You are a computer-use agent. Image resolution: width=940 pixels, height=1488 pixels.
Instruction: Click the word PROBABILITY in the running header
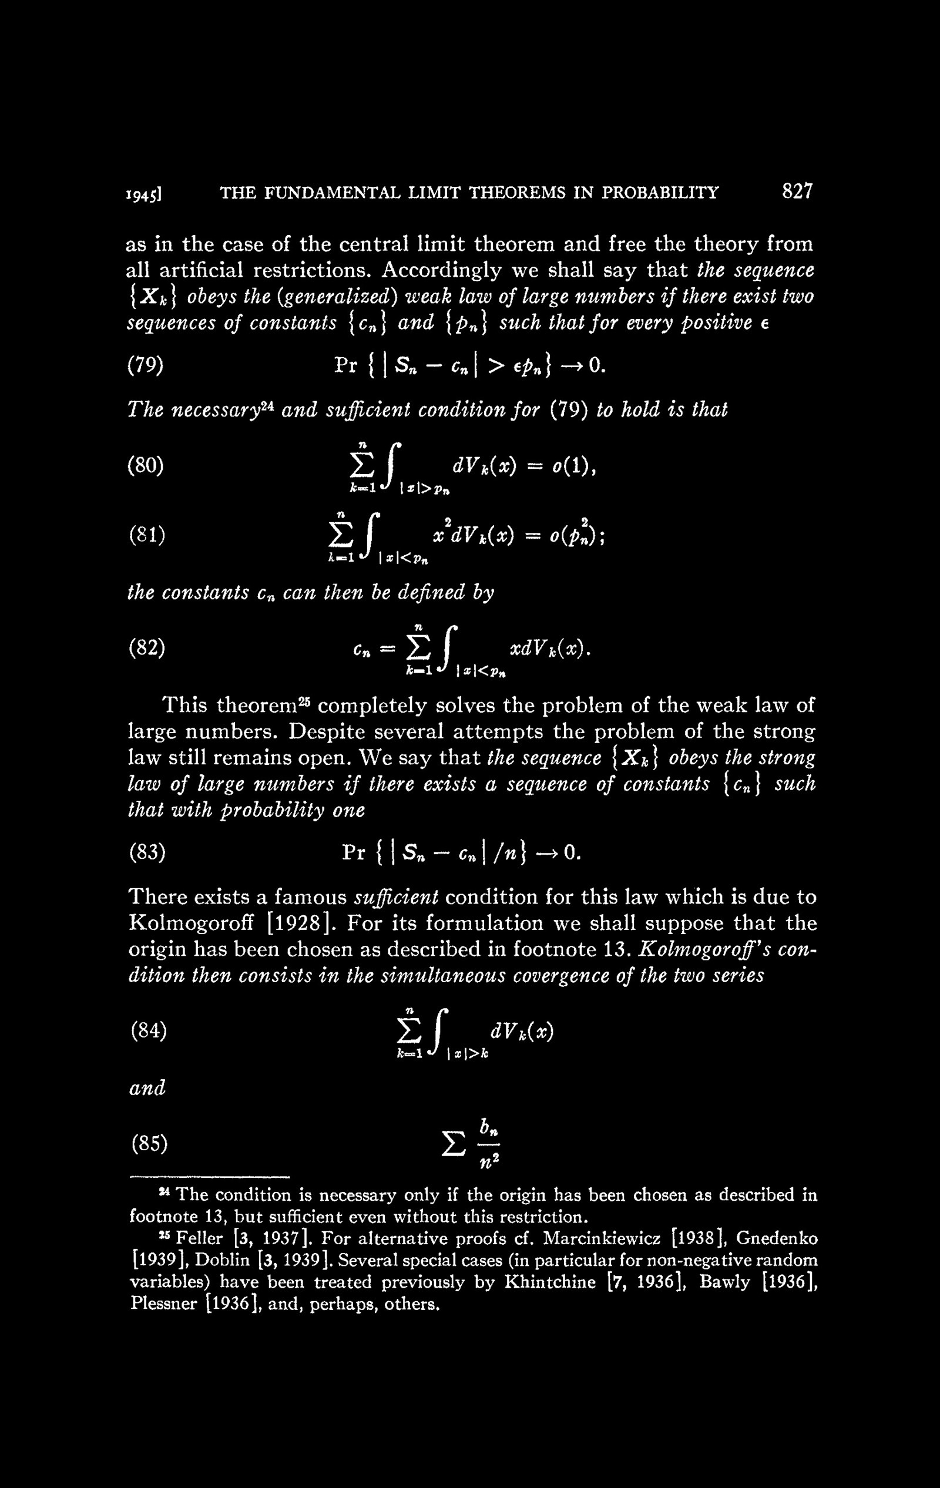point(662,193)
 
